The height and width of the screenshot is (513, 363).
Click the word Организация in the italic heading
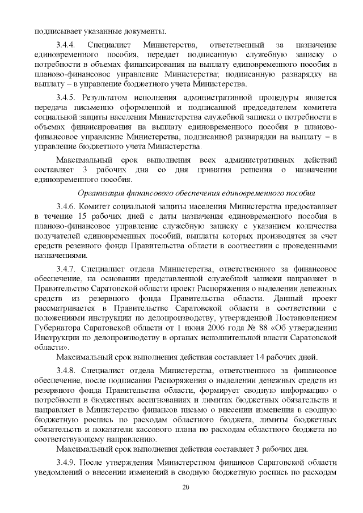click(x=102, y=193)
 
